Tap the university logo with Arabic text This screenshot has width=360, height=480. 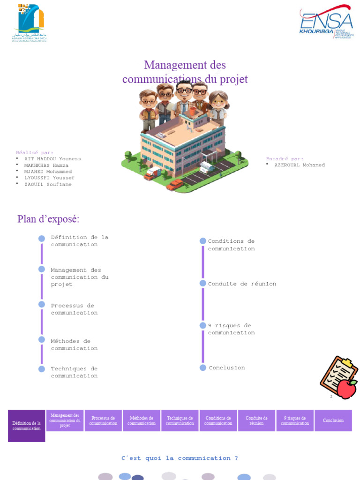30,22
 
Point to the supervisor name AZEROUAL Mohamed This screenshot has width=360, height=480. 300,165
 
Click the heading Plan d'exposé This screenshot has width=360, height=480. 48,219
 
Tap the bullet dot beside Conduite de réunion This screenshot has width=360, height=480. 203,284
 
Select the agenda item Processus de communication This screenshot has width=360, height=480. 75,309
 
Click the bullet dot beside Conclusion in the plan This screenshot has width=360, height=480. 203,367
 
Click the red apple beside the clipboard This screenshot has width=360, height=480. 347,389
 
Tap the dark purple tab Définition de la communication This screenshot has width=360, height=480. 27,426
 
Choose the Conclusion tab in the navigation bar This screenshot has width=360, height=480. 333,420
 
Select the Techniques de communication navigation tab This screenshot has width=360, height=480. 180,420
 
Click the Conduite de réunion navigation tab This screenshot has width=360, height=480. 256,420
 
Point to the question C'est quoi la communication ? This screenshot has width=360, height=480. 180,458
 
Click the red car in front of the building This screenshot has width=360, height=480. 175,185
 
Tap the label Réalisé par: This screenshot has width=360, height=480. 35,152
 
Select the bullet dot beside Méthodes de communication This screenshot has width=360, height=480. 42,339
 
